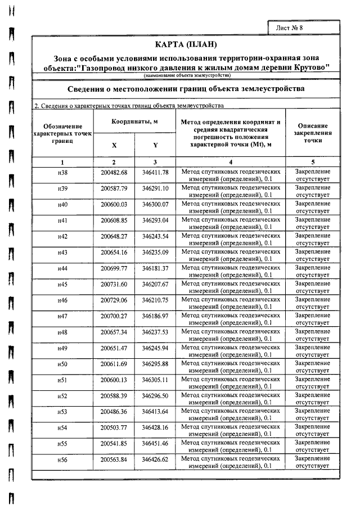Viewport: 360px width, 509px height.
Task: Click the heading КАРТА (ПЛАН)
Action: click(186, 44)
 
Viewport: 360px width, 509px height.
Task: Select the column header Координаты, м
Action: click(134, 121)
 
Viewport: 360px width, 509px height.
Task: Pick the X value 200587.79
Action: click(114, 188)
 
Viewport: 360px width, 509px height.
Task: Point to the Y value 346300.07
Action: click(155, 204)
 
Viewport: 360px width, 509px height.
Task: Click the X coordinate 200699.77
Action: click(114, 268)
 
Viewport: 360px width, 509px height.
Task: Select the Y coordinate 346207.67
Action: click(155, 285)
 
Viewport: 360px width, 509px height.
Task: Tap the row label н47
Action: click(62, 317)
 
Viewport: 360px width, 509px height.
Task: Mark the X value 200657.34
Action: click(114, 333)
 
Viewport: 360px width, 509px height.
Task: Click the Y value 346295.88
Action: click(155, 365)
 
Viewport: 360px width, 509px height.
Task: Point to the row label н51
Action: click(62, 381)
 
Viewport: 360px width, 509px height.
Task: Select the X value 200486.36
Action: click(114, 413)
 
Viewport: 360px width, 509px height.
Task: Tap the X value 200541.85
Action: click(114, 445)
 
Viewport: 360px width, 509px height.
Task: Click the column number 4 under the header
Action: click(231, 162)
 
